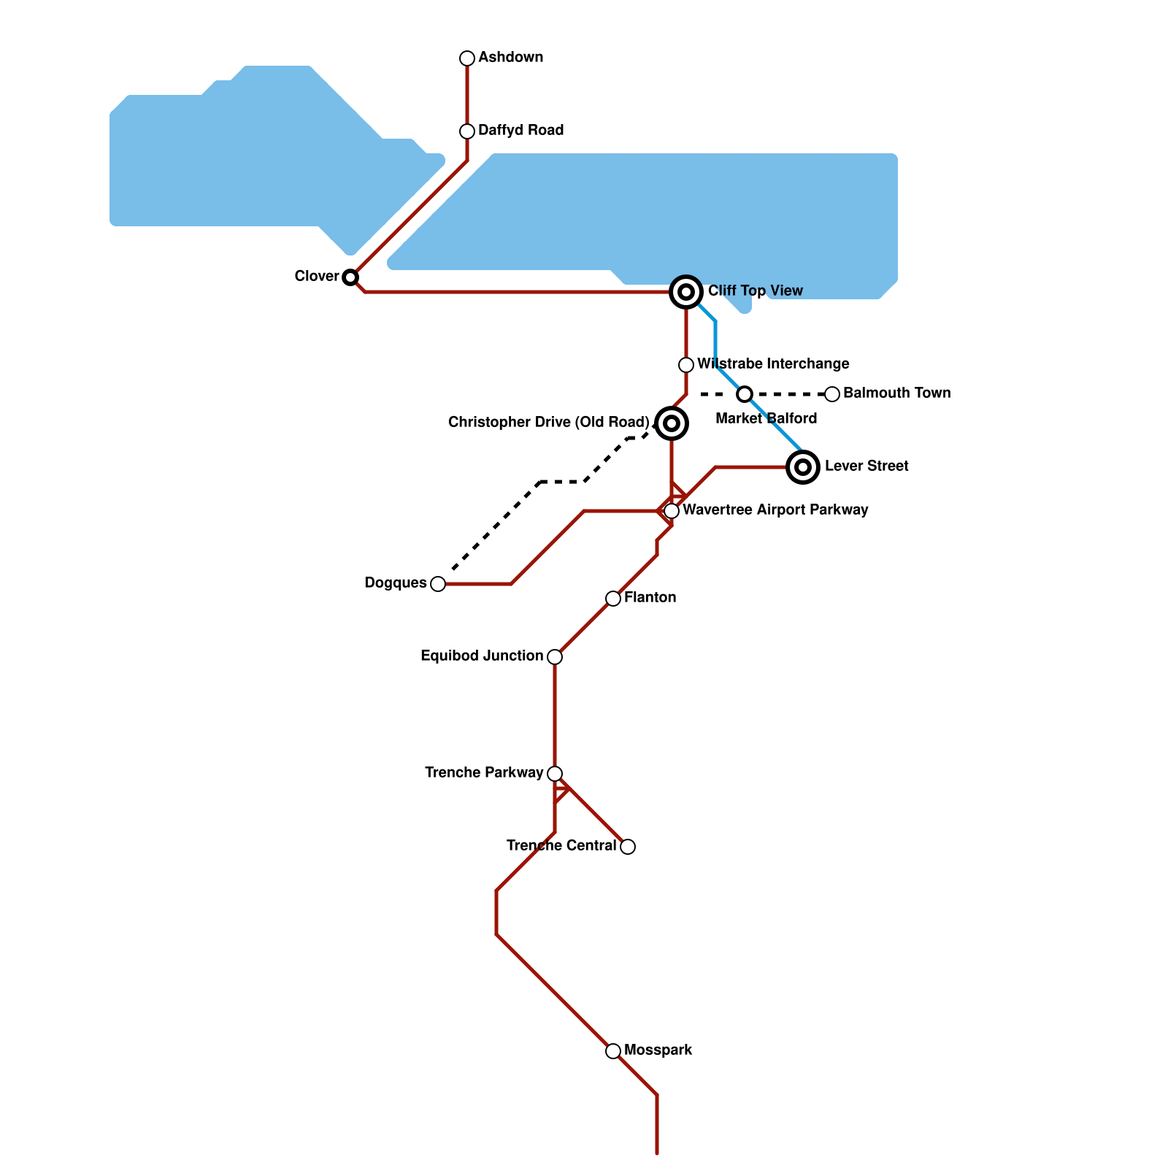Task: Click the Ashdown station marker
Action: click(x=467, y=58)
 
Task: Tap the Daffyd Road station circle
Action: click(x=467, y=131)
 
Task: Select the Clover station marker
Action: click(x=350, y=277)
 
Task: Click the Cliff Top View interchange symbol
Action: click(x=686, y=292)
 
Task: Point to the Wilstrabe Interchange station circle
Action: click(x=686, y=365)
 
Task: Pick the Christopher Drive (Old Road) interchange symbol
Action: click(x=672, y=423)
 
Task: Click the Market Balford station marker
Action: click(x=745, y=394)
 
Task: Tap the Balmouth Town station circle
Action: click(x=832, y=394)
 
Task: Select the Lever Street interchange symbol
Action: click(x=803, y=466)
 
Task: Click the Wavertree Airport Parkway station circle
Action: click(x=672, y=511)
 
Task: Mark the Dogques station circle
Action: click(x=438, y=584)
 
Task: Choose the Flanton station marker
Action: click(x=613, y=599)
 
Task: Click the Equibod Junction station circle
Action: click(x=555, y=657)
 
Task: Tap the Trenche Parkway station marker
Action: click(x=555, y=774)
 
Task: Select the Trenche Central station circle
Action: click(x=628, y=847)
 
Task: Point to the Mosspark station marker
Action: click(x=613, y=1051)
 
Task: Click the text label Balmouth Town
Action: click(x=896, y=393)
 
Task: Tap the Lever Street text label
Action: click(x=867, y=466)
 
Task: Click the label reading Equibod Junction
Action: click(x=482, y=656)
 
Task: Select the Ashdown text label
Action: click(x=510, y=58)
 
